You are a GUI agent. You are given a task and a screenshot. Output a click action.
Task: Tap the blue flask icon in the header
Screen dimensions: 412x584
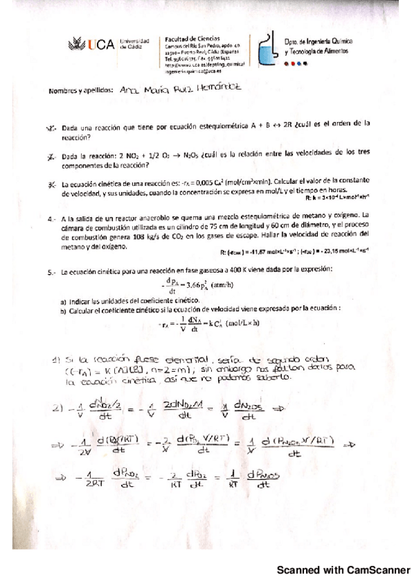265,49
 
